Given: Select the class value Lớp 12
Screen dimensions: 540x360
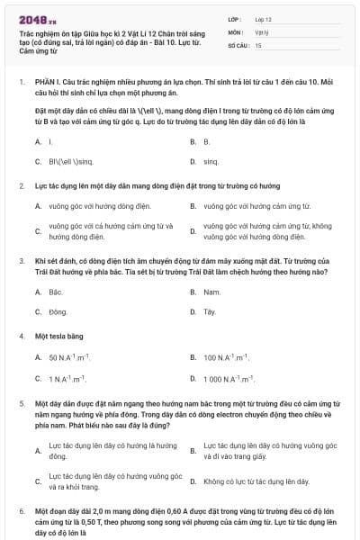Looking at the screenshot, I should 262,18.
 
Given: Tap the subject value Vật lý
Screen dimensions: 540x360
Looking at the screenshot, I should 260,31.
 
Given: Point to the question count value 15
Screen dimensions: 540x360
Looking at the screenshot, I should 258,44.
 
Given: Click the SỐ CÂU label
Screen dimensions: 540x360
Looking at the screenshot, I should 238,44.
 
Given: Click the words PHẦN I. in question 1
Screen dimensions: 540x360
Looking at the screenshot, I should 46,81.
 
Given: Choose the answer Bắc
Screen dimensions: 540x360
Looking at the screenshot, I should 55,292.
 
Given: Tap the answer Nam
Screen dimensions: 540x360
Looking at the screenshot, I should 211,292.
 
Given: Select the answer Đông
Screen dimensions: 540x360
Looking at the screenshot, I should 58,311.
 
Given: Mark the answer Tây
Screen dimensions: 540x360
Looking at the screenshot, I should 210,311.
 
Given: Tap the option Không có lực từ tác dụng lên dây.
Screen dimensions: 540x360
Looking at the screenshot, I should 256,481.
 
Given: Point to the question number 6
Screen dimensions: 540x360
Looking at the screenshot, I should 21,511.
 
